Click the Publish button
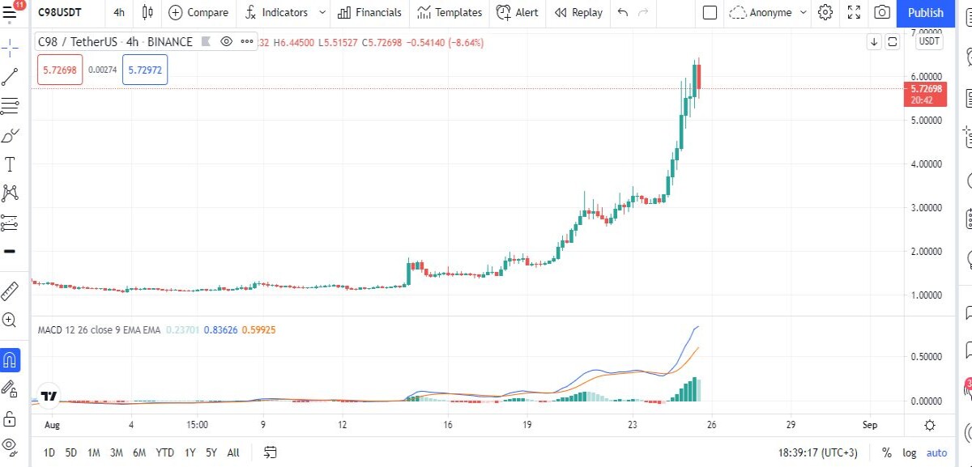(925, 13)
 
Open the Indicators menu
(284, 13)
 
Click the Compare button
(198, 13)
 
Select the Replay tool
(578, 13)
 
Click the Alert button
(518, 13)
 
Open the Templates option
(450, 13)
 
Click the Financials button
(369, 13)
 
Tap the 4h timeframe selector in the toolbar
(119, 13)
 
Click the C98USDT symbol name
(59, 13)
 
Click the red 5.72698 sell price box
(60, 70)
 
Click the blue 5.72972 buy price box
(145, 70)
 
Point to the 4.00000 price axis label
(926, 164)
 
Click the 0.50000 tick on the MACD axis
(926, 356)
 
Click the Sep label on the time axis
(870, 425)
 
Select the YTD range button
(164, 452)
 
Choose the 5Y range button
(211, 452)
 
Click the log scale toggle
(909, 452)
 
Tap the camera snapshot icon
(882, 12)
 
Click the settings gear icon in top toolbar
(825, 12)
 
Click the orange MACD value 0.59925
(258, 330)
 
